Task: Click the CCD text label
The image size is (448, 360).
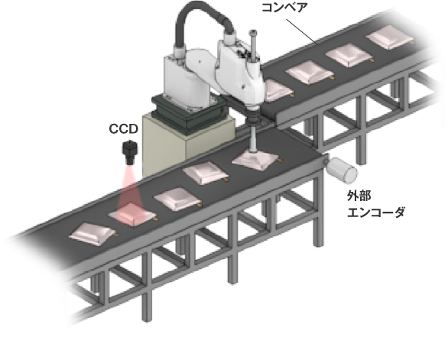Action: [123, 129]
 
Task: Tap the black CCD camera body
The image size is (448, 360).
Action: [130, 152]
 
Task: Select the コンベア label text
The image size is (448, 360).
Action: [284, 8]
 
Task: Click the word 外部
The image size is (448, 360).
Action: [359, 196]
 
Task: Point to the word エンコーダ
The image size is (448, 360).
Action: [376, 212]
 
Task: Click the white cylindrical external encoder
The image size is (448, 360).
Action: [342, 170]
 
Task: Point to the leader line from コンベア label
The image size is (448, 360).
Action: [302, 31]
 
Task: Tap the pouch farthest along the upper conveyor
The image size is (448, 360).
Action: [390, 37]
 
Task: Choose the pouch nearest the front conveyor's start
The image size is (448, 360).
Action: [93, 234]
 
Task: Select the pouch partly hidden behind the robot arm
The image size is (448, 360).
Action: [277, 91]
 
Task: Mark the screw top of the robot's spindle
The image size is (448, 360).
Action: [252, 32]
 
